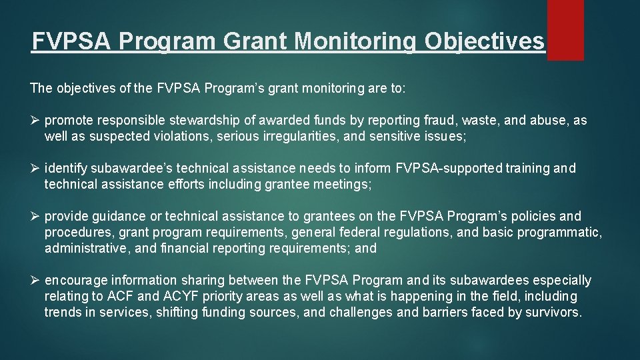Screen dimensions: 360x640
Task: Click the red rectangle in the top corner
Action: click(x=565, y=29)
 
